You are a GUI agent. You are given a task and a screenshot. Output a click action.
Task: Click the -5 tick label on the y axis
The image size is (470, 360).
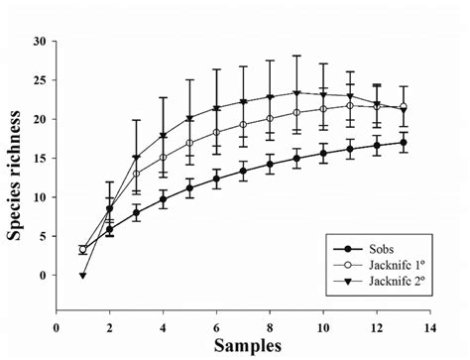pos(40,313)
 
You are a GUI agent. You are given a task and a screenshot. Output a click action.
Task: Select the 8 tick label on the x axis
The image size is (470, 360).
pos(270,325)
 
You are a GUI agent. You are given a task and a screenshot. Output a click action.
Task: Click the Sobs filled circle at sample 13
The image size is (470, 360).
pos(403,142)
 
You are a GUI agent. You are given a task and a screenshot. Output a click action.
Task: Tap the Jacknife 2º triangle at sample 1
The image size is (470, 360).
pos(82,275)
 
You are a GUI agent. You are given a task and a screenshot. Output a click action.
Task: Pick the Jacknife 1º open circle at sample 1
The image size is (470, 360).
pos(82,249)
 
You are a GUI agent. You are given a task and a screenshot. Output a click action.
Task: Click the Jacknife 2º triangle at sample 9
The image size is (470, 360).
pos(295,93)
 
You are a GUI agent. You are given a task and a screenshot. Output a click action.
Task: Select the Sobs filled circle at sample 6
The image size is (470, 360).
pos(216,179)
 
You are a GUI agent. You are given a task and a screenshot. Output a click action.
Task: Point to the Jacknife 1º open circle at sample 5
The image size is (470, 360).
pos(189,143)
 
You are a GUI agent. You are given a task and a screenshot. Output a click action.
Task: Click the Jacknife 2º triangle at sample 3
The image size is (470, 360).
pos(136,158)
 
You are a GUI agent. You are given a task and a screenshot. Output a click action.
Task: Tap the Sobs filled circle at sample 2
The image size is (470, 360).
pos(109,229)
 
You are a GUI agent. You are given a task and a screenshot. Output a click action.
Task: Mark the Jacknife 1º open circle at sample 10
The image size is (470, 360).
pos(322,109)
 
